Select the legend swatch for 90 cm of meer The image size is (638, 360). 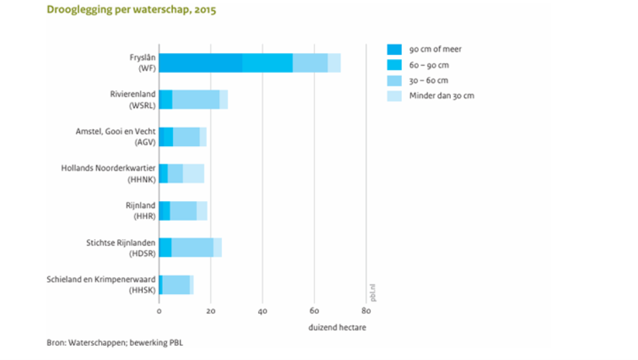394,49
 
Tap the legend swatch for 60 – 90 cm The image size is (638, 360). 394,65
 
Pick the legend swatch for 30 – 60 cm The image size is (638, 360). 394,80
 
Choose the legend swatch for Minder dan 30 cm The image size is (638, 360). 394,96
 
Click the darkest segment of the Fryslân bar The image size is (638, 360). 200,62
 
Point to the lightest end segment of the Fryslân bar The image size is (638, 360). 334,62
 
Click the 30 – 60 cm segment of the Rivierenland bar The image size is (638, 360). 195,99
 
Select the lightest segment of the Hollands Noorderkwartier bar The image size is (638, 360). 193,173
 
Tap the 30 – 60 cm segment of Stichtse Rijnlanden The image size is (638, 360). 192,247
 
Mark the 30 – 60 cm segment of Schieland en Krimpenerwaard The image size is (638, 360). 176,285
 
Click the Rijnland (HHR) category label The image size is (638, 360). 142,210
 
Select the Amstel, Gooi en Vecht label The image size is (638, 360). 115,136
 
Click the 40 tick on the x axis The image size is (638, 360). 263,310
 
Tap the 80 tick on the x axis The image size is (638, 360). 366,310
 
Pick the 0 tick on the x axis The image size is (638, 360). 159,310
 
